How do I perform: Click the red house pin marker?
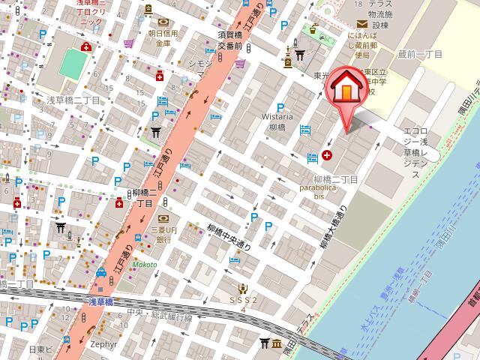[x=345, y=88]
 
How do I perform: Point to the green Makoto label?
[x=145, y=264]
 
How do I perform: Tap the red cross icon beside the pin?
[x=327, y=156]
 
